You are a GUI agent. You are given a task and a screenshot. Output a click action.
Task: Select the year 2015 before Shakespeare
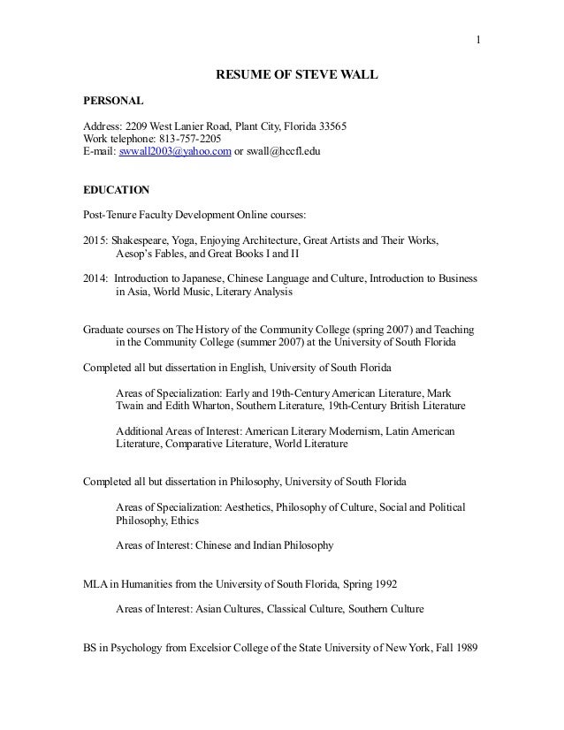point(94,240)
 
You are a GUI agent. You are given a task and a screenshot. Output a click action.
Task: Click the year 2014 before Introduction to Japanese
point(94,278)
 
